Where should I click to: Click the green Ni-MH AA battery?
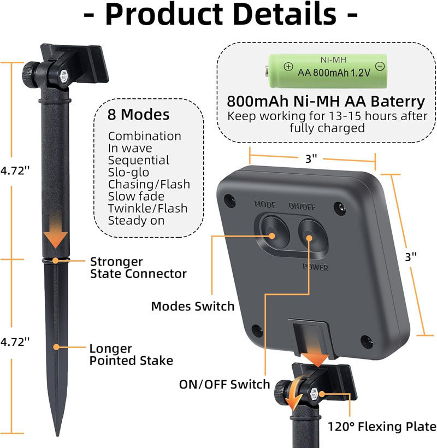point(326,71)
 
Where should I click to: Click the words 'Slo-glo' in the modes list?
point(128,172)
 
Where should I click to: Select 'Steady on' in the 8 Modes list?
point(136,221)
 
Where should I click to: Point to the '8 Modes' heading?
point(139,115)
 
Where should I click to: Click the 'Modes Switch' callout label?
point(193,306)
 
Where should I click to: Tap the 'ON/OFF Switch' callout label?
point(225,385)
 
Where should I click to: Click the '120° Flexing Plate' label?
point(382,427)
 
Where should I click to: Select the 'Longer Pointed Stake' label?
point(132,355)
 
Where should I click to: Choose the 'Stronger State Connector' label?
point(139,268)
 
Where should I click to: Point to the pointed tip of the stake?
point(58,436)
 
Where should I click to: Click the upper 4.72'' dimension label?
point(15,170)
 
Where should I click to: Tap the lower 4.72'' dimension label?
point(15,342)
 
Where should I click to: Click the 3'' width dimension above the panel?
point(311,158)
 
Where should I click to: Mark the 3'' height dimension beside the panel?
point(411,257)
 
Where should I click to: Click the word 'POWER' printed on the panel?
point(315,267)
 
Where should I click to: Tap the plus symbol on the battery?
point(288,67)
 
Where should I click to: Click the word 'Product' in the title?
point(164,14)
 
